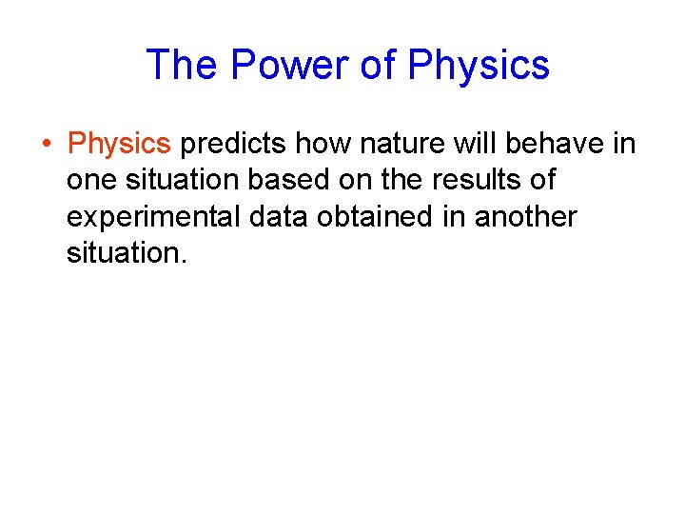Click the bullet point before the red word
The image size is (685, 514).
pyautogui.click(x=47, y=145)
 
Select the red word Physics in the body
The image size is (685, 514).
pyautogui.click(x=119, y=144)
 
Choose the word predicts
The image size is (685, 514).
pyautogui.click(x=234, y=144)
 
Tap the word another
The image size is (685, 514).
pyautogui.click(x=525, y=217)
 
